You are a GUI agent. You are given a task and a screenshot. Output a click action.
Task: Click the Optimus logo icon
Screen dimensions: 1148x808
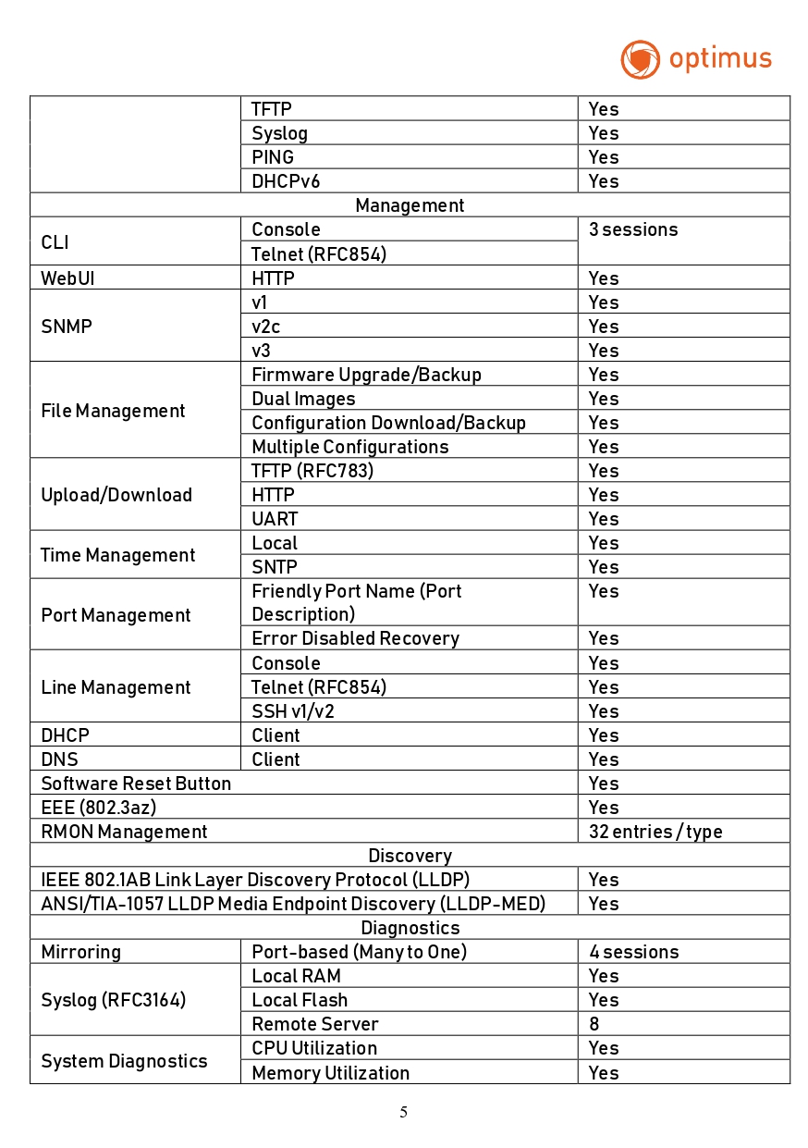[x=640, y=59]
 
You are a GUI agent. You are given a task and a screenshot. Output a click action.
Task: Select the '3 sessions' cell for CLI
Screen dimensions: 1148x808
[x=633, y=230]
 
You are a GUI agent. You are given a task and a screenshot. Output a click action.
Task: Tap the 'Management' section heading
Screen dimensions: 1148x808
[x=410, y=205]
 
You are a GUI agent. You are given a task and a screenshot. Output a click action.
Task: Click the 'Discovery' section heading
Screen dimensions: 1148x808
[x=410, y=856]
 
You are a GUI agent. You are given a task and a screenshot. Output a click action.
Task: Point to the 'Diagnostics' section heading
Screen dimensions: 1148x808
[x=410, y=928]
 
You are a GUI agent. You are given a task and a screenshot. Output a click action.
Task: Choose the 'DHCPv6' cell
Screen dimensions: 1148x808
[x=286, y=181]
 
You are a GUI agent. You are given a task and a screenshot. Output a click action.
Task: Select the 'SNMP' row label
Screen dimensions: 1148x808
[x=67, y=327]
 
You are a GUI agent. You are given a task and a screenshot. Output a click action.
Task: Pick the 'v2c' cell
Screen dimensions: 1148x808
[x=266, y=327]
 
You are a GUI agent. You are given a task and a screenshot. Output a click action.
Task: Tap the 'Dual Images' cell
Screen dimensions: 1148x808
[x=303, y=399]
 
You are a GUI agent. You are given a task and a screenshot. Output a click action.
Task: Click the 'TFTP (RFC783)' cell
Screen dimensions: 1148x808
[x=312, y=471]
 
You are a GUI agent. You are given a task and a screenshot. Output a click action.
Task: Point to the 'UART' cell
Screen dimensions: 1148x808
[x=275, y=519]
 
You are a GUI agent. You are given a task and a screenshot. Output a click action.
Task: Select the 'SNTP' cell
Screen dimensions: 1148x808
[x=275, y=567]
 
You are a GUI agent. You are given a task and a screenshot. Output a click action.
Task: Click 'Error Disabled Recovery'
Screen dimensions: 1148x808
[x=355, y=638]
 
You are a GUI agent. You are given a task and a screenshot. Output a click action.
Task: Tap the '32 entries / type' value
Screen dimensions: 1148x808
[x=655, y=832]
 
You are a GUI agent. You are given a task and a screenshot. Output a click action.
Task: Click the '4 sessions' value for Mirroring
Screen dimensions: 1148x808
[x=633, y=952]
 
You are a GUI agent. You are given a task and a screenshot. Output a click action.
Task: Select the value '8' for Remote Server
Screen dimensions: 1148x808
[x=594, y=1024]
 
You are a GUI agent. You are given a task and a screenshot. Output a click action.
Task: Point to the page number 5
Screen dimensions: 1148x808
[x=403, y=1112]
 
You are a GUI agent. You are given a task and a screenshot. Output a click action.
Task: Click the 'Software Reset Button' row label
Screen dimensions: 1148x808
[x=136, y=784]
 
